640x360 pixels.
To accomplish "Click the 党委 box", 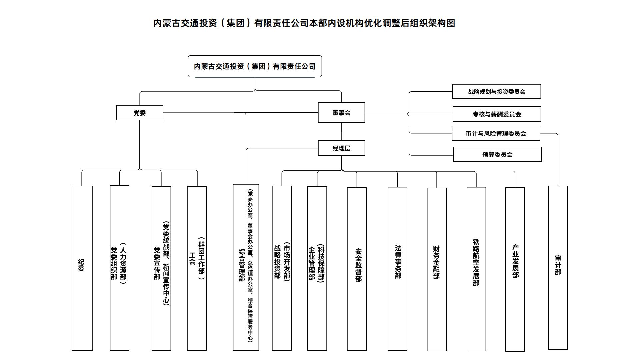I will [139, 113].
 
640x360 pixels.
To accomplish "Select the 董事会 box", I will [341, 113].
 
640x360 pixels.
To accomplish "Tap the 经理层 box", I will [341, 148].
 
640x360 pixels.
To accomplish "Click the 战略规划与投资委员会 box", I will [496, 92].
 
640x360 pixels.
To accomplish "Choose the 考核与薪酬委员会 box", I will [496, 114].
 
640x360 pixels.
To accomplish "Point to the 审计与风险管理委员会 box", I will [496, 133].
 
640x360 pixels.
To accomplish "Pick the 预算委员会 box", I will [497, 154].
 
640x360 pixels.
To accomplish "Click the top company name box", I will [255, 66].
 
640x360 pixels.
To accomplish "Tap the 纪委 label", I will [81, 265].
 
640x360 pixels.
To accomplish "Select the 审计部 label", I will [558, 265].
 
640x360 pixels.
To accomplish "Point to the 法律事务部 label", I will [398, 262].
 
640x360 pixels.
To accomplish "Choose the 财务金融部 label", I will [436, 262].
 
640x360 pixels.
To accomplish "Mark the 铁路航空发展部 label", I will [476, 262].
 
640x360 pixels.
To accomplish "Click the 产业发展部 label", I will [515, 262].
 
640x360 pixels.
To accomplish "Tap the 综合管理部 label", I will [242, 265].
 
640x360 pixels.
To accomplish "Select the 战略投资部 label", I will [277, 262].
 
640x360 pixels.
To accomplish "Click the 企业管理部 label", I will [312, 263].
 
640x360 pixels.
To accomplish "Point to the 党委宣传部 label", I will [157, 263].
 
